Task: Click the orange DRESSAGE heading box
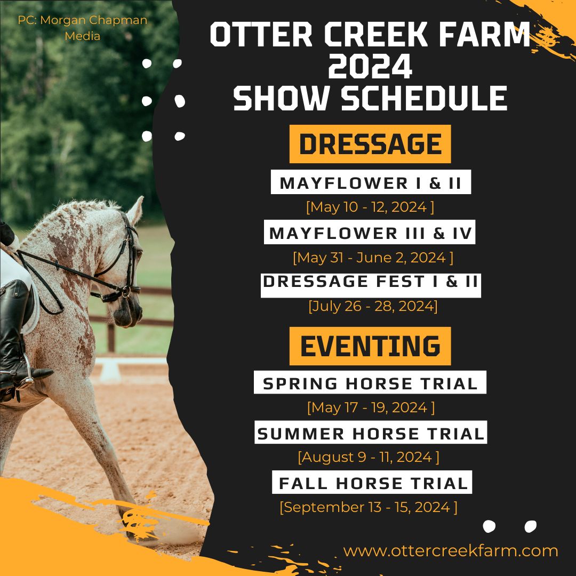(x=370, y=143)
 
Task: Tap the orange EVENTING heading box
(x=370, y=346)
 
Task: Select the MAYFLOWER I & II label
(x=371, y=182)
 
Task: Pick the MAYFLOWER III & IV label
(x=370, y=232)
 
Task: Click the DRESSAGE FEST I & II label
(x=371, y=285)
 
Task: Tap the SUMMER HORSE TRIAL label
(x=371, y=432)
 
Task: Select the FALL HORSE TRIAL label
(x=372, y=482)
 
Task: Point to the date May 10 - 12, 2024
(x=370, y=207)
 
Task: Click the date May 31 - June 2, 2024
(x=373, y=257)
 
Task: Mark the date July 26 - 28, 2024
(x=373, y=306)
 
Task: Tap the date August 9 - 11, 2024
(x=369, y=457)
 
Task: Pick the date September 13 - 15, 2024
(x=369, y=507)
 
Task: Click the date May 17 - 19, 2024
(x=371, y=407)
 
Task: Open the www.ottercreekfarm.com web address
(x=450, y=550)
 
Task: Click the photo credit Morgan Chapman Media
(x=82, y=28)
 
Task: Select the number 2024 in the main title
(x=370, y=66)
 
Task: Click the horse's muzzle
(x=127, y=314)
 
